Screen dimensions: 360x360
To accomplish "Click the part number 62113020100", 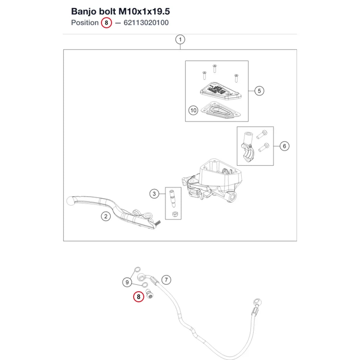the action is (146, 23).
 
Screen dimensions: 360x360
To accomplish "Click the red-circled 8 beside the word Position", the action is (106, 23).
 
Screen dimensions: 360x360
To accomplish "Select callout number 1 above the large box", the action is (180, 40).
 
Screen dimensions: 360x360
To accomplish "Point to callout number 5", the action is (259, 91).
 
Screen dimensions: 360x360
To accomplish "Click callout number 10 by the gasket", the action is (193, 111).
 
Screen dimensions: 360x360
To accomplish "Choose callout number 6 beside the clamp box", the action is (284, 146).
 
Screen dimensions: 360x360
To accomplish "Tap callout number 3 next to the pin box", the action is (154, 194).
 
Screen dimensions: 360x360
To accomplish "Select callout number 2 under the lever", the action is (106, 216).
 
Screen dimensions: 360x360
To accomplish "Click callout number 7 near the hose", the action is (166, 280).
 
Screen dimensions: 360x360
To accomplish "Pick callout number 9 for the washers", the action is (127, 282).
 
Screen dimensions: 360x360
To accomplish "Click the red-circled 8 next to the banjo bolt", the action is (139, 297).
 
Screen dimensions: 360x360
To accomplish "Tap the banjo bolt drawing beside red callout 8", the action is (150, 294).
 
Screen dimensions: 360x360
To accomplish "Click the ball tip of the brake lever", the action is (70, 201).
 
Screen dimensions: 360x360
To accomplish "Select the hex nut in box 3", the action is (174, 214).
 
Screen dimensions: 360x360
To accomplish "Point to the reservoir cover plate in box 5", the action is (220, 91).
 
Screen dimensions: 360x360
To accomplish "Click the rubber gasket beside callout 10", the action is (220, 111).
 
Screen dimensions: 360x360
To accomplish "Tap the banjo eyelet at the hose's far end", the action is (257, 302).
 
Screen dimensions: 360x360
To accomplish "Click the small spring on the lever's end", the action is (158, 222).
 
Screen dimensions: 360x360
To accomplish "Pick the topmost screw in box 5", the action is (215, 68).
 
